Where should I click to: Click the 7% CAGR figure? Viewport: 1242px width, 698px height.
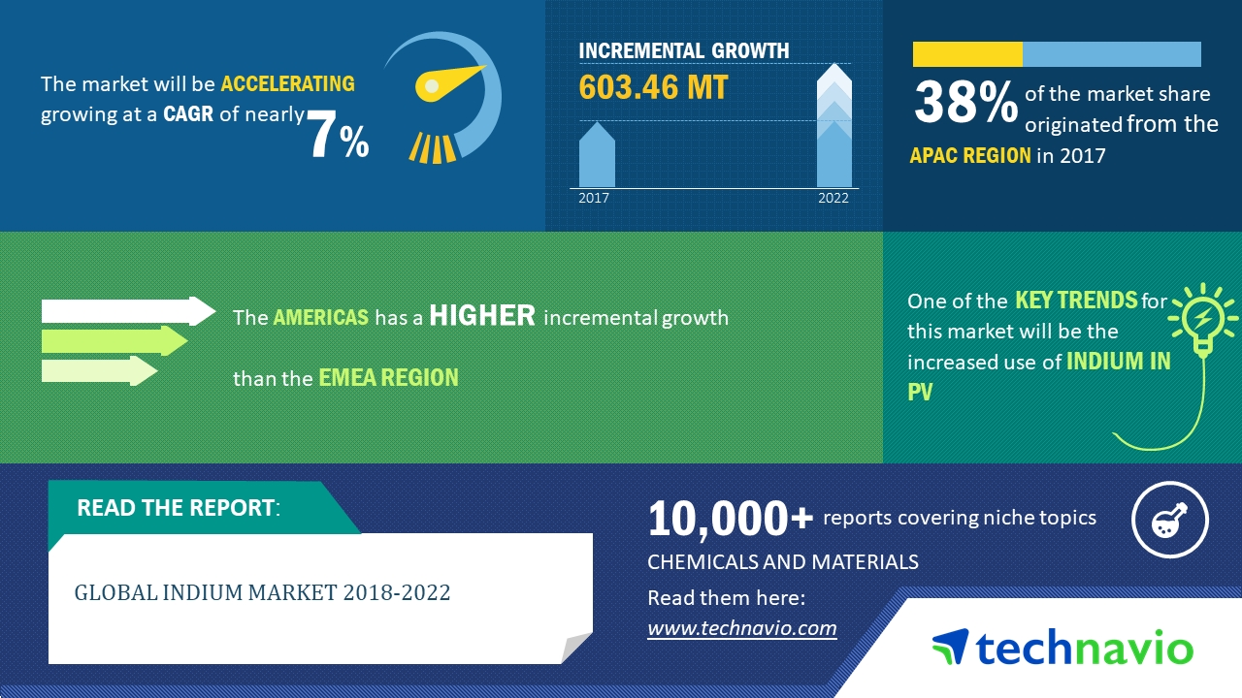(x=339, y=136)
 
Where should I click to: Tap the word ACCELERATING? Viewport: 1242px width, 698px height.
(x=287, y=83)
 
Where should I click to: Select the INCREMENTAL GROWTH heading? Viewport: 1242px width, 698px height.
(x=683, y=50)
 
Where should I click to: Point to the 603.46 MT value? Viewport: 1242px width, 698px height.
(x=653, y=87)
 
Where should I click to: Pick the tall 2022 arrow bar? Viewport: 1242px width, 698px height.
(x=833, y=126)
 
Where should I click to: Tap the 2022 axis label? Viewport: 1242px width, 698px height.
(x=833, y=198)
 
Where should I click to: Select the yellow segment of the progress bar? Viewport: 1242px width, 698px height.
(x=967, y=54)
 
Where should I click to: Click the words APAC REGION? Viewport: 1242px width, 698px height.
(x=970, y=155)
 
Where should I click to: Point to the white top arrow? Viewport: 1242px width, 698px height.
(x=127, y=311)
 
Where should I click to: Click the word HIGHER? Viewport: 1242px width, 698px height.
(x=482, y=315)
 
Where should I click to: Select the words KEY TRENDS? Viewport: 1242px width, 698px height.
(x=1075, y=301)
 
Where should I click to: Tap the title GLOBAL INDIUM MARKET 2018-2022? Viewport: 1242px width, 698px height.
(x=263, y=592)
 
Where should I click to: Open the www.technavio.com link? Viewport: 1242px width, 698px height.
(x=741, y=628)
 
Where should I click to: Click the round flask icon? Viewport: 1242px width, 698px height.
(x=1170, y=521)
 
